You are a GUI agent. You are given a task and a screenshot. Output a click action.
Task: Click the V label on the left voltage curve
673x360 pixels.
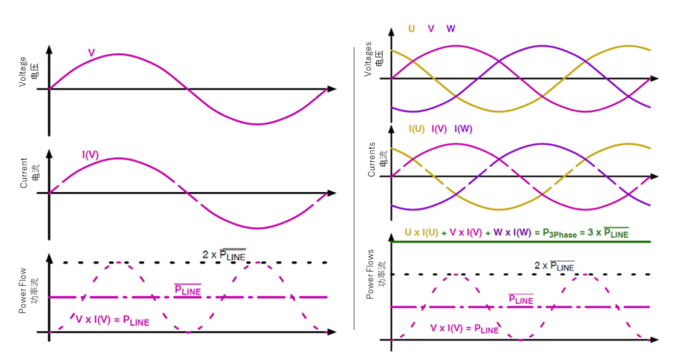pyautogui.click(x=91, y=53)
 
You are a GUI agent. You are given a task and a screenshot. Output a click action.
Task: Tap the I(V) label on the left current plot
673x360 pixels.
pyautogui.click(x=91, y=153)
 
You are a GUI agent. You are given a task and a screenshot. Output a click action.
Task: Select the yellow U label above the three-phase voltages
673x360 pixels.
pyautogui.click(x=411, y=29)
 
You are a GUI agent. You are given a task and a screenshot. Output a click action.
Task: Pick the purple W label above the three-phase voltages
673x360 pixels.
pyautogui.click(x=451, y=29)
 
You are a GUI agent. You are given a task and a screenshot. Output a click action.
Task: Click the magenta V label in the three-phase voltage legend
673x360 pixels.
pyautogui.click(x=431, y=29)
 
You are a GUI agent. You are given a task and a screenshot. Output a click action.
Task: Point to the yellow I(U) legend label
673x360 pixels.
pyautogui.click(x=416, y=129)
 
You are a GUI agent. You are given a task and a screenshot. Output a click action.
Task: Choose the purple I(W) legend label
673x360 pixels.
pyautogui.click(x=463, y=129)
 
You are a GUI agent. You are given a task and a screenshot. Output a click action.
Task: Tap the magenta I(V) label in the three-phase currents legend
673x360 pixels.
pyautogui.click(x=439, y=129)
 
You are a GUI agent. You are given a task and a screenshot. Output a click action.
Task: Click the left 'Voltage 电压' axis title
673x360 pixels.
pyautogui.click(x=27, y=72)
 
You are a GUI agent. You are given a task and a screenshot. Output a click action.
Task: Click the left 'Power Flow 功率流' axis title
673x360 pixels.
pyautogui.click(x=27, y=290)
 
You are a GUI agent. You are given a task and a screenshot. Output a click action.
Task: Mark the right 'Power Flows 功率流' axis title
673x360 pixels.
pyautogui.click(x=375, y=275)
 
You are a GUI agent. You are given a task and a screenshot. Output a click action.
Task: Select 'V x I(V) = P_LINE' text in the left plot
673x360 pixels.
pyautogui.click(x=112, y=320)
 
